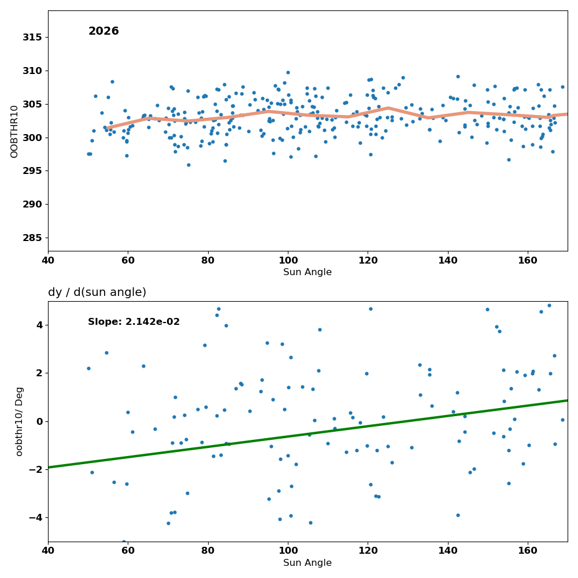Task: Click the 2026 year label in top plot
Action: click(103, 31)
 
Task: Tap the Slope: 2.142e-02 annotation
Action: click(134, 322)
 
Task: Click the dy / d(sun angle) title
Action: click(97, 292)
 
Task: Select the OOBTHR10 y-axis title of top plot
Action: click(14, 132)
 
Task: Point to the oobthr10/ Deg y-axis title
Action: click(19, 421)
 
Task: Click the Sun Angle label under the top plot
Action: click(307, 272)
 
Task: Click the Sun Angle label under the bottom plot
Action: click(307, 562)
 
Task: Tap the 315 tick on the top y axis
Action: click(32, 37)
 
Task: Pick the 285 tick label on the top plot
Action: click(32, 238)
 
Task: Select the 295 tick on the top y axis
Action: click(32, 171)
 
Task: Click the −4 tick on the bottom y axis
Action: click(35, 518)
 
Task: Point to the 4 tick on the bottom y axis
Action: click(39, 325)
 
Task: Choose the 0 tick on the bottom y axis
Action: click(39, 421)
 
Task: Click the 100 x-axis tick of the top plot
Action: click(288, 260)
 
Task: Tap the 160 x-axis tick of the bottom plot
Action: click(528, 551)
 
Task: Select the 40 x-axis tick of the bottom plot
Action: click(48, 551)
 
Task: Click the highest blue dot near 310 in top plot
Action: click(288, 73)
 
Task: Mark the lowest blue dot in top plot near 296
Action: click(188, 165)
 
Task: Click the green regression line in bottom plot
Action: click(308, 434)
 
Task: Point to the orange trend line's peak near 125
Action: click(388, 108)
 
